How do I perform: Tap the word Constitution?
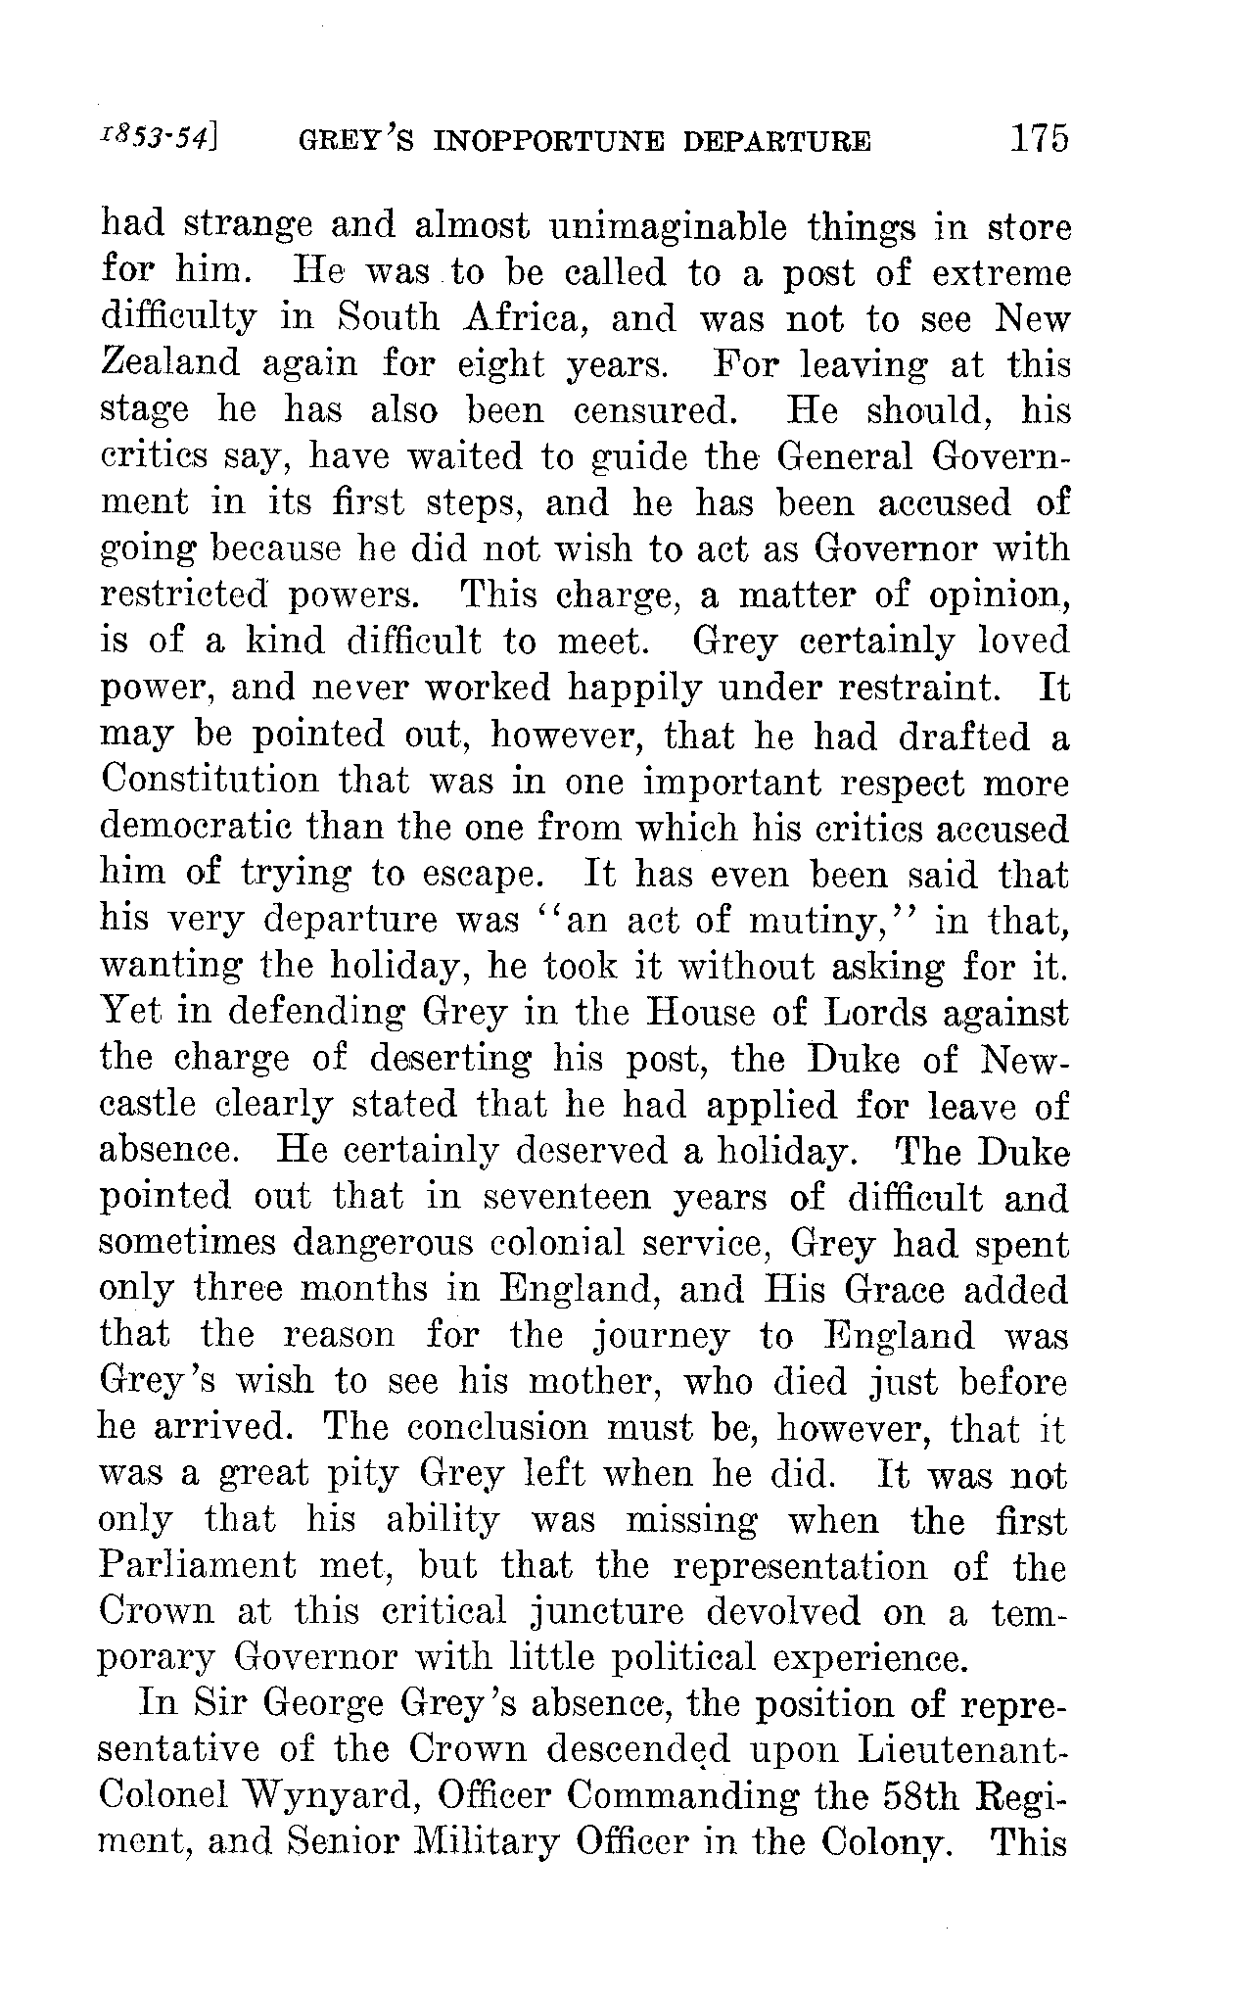coord(210,784)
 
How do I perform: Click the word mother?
coord(590,1381)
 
